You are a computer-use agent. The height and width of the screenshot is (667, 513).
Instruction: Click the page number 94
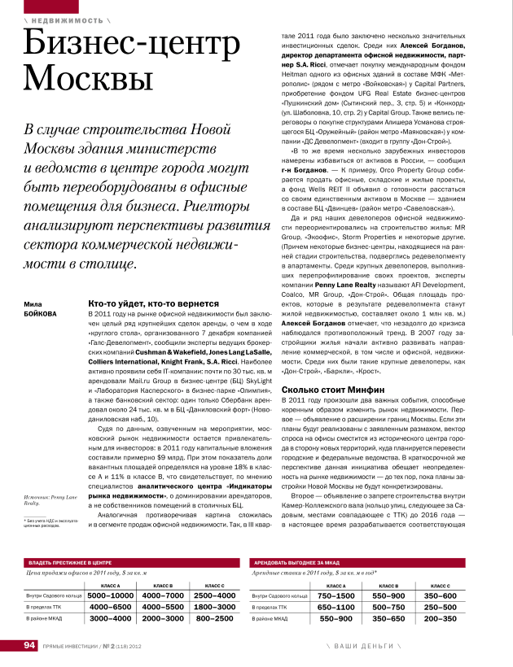pos(30,645)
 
